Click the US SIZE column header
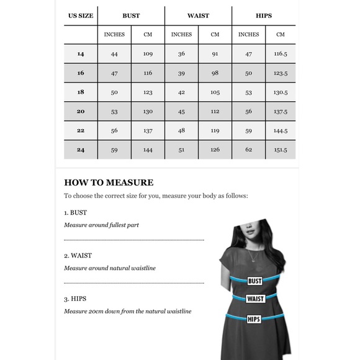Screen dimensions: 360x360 pos(81,16)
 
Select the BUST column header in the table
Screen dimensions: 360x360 pos(131,16)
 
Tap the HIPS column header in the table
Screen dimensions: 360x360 pos(264,16)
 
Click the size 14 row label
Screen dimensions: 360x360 pos(81,54)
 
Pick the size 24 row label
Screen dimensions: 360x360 pos(81,150)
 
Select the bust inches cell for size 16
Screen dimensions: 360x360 pos(114,73)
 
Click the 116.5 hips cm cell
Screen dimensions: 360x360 pos(280,54)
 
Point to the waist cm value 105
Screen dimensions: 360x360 pos(215,92)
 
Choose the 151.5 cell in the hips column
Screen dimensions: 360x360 pos(280,150)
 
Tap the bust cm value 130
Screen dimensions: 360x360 pos(148,112)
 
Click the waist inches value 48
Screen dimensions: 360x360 pos(181,131)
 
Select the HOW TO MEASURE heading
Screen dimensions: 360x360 pos(109,182)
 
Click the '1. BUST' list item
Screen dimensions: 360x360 pos(76,212)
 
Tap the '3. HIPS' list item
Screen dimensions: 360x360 pos(76,299)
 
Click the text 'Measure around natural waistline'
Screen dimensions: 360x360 pos(109,268)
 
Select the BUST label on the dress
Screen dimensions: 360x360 pos(254,281)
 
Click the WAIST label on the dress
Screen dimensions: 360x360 pos(254,299)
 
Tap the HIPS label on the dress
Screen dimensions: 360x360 pos(254,319)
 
